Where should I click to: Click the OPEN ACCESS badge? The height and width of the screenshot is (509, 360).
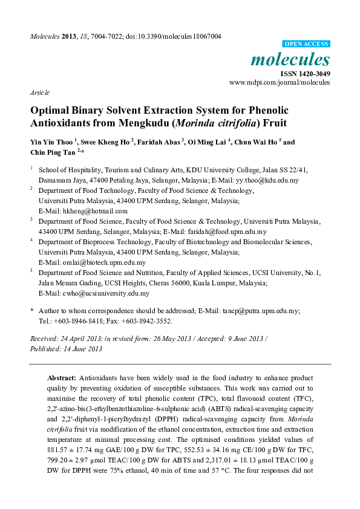pyautogui.click(x=306, y=44)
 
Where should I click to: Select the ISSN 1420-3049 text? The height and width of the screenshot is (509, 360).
pyautogui.click(x=304, y=73)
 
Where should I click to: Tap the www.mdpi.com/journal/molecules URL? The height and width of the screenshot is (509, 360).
pyautogui.click(x=279, y=82)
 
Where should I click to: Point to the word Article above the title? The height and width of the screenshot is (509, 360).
pyautogui.click(x=40, y=92)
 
